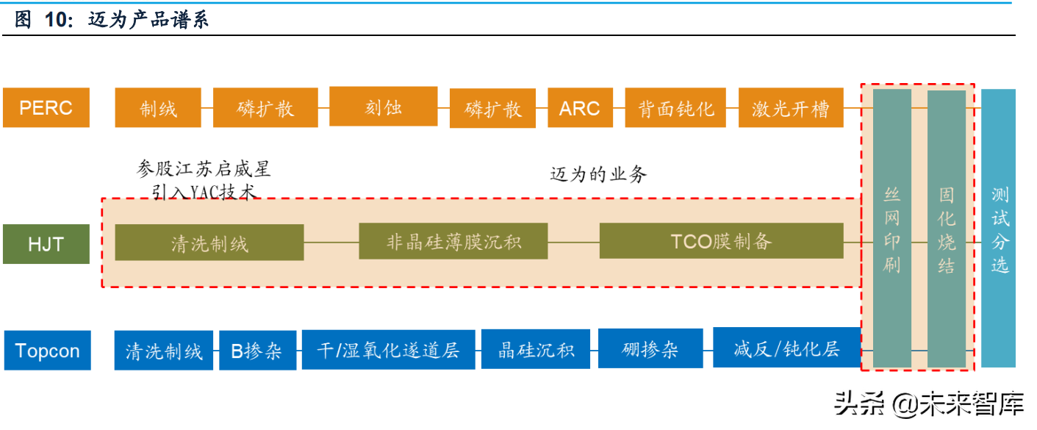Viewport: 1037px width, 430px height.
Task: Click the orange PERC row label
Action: (46, 108)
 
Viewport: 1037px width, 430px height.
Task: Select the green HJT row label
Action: (46, 244)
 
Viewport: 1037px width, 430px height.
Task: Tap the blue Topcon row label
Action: (47, 351)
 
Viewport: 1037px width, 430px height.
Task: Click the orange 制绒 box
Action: (158, 109)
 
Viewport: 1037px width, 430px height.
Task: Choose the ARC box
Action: (580, 109)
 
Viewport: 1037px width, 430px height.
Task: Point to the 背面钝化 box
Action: (675, 109)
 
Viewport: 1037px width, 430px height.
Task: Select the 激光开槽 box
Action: (790, 109)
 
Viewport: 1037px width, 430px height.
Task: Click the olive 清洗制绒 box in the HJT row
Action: (209, 243)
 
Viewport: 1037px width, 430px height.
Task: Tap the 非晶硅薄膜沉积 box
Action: (453, 242)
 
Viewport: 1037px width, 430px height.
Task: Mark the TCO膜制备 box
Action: (721, 242)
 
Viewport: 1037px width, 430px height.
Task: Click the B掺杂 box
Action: (256, 351)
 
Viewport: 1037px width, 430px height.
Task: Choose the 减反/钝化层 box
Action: (786, 348)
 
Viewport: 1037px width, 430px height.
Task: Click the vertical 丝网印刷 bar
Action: (891, 228)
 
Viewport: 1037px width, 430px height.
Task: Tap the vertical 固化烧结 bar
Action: (946, 228)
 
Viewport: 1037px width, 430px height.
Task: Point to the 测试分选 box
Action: (999, 228)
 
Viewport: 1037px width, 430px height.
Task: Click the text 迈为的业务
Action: (598, 174)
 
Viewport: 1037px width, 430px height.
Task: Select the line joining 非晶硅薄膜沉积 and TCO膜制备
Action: (573, 242)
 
